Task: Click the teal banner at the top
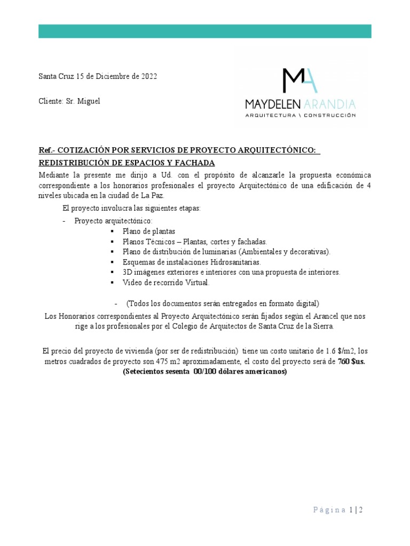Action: click(204, 31)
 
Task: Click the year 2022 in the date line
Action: click(149, 76)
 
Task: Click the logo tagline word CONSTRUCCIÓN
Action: click(329, 115)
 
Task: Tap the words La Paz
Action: click(154, 196)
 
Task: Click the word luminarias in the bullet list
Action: click(224, 251)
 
